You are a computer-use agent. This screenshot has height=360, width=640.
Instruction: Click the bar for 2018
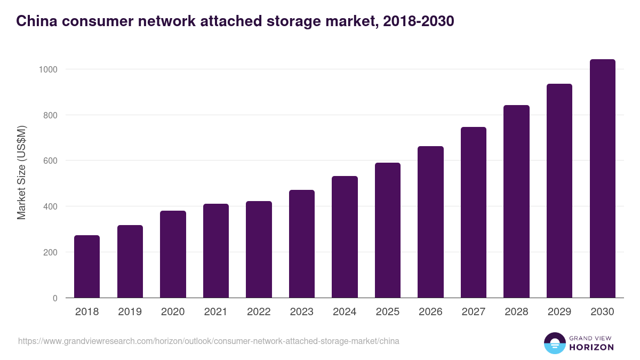(87, 267)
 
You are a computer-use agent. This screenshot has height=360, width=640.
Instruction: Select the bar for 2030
(602, 179)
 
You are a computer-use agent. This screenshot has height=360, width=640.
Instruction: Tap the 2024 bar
(345, 237)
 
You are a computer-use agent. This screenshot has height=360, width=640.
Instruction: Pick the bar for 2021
(216, 251)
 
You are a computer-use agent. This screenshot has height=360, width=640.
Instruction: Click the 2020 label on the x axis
(173, 312)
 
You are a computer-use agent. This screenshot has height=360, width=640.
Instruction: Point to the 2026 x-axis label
(430, 312)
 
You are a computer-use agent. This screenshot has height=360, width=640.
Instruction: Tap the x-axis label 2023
(302, 312)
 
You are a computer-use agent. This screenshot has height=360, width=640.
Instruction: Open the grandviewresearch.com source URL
(209, 341)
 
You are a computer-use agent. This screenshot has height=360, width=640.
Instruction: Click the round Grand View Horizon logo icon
(555, 343)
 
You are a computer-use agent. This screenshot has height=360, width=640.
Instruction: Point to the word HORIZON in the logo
(591, 347)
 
